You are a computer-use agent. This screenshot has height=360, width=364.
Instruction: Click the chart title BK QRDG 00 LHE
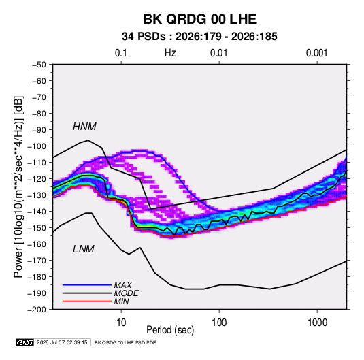click(x=199, y=19)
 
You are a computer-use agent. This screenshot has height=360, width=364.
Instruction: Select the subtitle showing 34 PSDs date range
click(x=199, y=37)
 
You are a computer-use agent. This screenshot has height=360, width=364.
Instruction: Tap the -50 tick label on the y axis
click(x=39, y=65)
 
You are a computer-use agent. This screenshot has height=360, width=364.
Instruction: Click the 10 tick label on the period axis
click(x=121, y=322)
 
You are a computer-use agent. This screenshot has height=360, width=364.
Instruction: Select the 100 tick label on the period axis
click(x=219, y=322)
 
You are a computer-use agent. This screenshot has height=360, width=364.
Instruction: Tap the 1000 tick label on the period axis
click(x=317, y=322)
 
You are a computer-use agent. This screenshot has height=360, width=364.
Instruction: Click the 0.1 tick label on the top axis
click(x=121, y=53)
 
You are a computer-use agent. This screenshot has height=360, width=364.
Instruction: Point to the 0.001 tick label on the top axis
click(x=316, y=53)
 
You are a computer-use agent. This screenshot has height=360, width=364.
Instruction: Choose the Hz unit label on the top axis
click(x=170, y=53)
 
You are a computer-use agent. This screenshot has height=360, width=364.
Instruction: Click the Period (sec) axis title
click(x=170, y=330)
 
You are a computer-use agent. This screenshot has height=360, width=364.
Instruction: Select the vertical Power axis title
click(x=18, y=187)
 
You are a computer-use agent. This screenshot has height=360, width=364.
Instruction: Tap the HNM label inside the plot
click(x=84, y=127)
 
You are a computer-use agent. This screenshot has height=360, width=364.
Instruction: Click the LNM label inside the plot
click(x=84, y=249)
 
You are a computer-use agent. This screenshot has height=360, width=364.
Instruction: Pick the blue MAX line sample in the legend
click(x=87, y=285)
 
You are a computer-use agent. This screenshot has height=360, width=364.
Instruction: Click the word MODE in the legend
click(x=127, y=293)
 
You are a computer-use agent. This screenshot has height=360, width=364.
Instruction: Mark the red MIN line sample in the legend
click(x=87, y=301)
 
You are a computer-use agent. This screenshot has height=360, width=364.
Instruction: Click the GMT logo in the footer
click(x=25, y=342)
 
